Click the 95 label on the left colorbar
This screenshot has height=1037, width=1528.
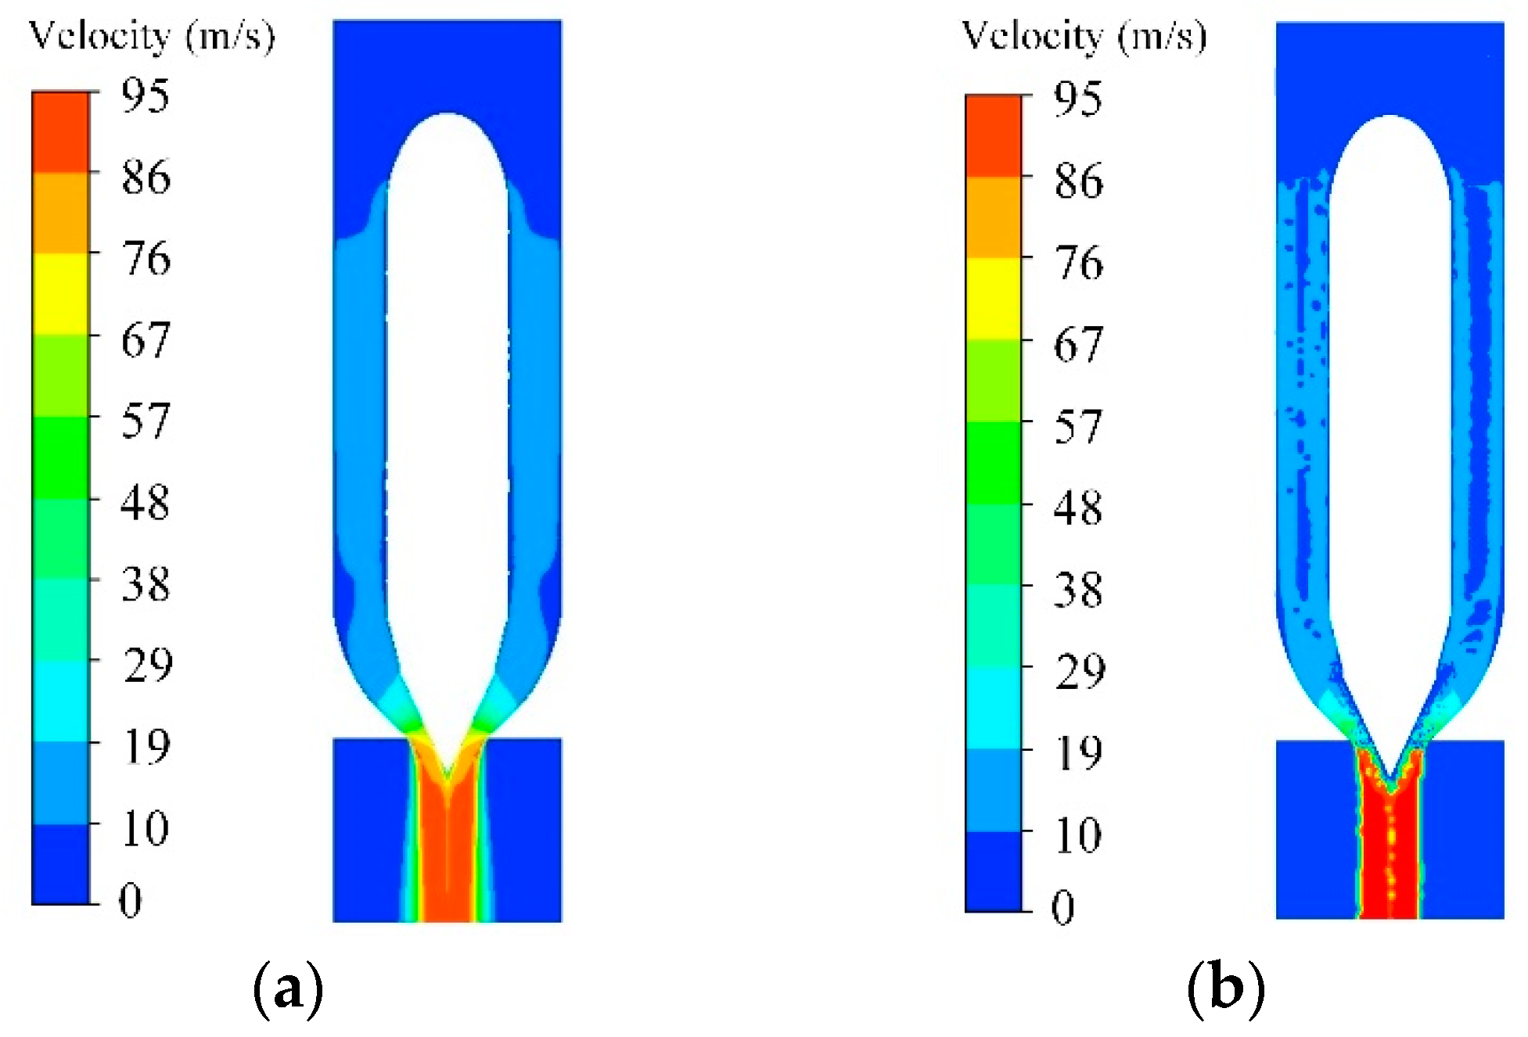click(x=146, y=96)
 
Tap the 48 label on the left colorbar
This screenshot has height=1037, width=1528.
click(x=146, y=502)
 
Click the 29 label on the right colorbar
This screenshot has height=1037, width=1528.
click(x=1079, y=671)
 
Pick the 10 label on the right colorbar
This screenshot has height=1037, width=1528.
click(x=1079, y=835)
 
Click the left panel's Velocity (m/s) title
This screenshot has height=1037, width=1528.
click(x=152, y=37)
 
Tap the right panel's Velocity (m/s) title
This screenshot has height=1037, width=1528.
click(x=1084, y=37)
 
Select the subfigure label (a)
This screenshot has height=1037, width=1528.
click(x=288, y=989)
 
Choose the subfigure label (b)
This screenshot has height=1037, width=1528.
click(x=1225, y=989)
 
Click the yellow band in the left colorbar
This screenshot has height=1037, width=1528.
click(x=60, y=293)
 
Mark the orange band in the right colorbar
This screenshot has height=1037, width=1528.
click(x=994, y=217)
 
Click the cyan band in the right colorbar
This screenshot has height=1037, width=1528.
click(x=994, y=708)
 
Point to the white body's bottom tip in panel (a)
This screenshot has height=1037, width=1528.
click(x=447, y=773)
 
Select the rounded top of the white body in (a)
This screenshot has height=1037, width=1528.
click(x=447, y=117)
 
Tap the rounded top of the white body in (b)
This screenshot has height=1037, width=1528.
click(x=1390, y=120)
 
